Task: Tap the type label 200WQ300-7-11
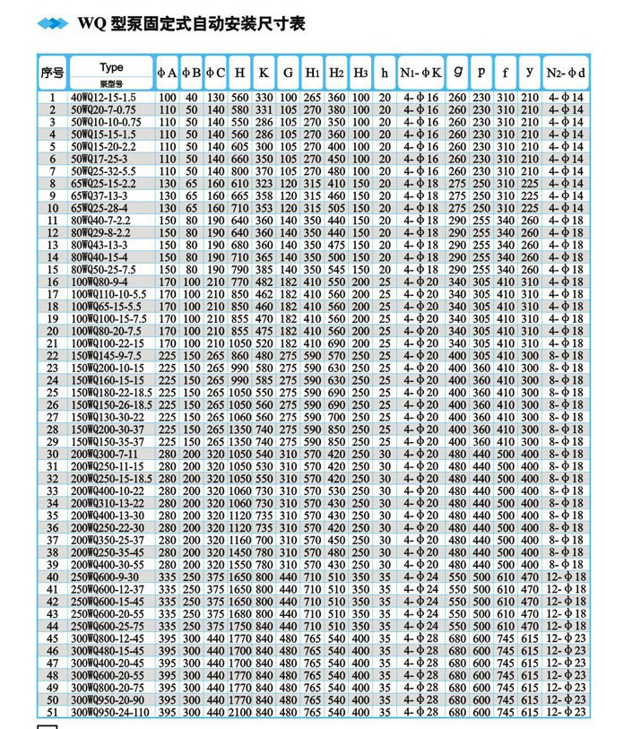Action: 106,454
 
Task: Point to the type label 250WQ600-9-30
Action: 106,577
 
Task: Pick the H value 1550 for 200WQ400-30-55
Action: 239,565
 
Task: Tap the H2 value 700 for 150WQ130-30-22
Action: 335,417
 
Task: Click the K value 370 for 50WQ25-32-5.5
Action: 264,170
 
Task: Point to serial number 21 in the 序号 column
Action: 52,343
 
